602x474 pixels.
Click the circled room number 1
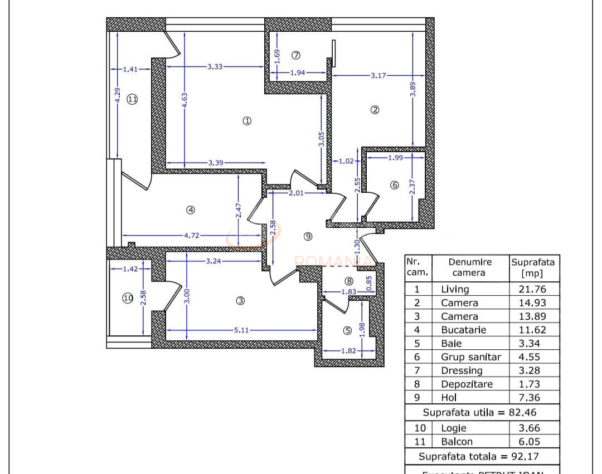point(247,120)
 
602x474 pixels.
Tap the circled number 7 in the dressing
point(296,55)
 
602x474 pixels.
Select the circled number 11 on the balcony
point(132,99)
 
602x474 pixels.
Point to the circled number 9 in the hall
point(308,236)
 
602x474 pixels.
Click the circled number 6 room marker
point(395,185)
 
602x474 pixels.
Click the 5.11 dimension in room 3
point(241,330)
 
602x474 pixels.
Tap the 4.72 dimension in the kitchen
point(191,235)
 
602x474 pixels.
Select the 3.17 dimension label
point(378,75)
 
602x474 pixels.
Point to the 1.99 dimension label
point(395,158)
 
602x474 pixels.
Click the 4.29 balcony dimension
point(117,94)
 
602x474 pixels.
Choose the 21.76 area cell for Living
point(531,289)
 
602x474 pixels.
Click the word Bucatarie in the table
point(463,330)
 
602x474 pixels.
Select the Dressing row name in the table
point(462,370)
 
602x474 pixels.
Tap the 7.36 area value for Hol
point(531,398)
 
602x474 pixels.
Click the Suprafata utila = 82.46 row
point(482,413)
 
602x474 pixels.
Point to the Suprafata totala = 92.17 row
point(482,456)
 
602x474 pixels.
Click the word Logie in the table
point(454,428)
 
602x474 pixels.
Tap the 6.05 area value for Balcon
point(531,442)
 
